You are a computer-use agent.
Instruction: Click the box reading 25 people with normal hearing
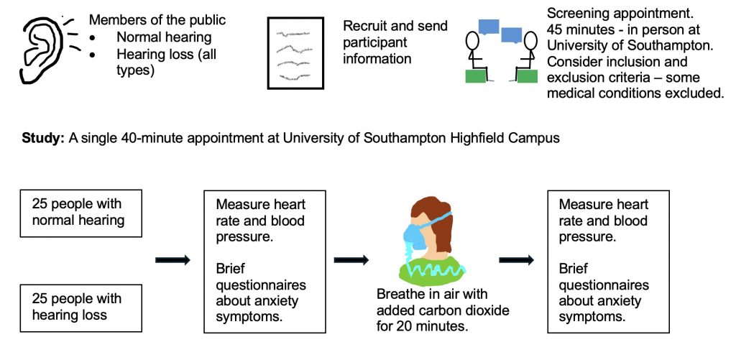[x=80, y=213]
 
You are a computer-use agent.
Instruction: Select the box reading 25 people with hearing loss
[x=80, y=307]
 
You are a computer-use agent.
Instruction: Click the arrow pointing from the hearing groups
[x=172, y=260]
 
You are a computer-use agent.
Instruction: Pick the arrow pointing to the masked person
[x=351, y=260]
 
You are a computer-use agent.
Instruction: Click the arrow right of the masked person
[x=516, y=260]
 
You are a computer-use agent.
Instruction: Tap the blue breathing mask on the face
[x=413, y=236]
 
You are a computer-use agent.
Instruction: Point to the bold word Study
[x=42, y=138]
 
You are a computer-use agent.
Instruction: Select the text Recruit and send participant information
[x=395, y=42]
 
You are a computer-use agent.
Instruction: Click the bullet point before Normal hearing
[x=94, y=37]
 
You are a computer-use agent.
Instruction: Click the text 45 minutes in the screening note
[x=575, y=30]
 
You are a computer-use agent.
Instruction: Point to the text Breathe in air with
[x=432, y=294]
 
